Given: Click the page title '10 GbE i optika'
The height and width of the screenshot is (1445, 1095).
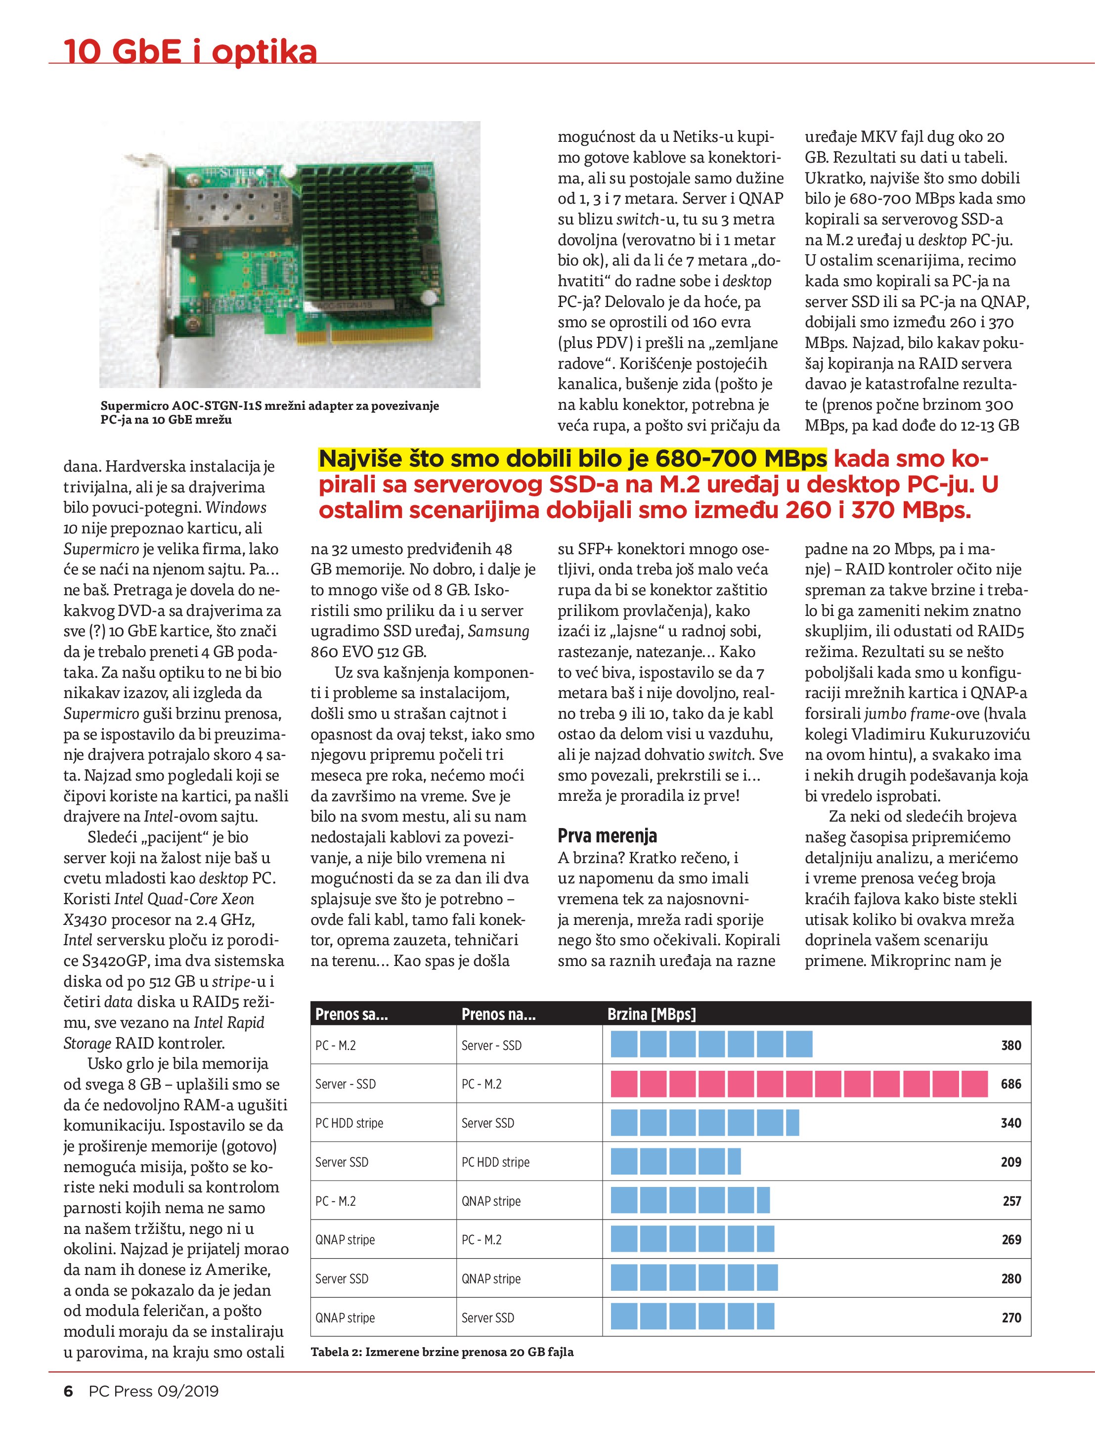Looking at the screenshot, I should (189, 51).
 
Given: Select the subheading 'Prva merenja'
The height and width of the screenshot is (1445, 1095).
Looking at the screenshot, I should (607, 835).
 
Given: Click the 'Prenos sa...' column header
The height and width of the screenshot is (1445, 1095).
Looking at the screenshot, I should (351, 1014).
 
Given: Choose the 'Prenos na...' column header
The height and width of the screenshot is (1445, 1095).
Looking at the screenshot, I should (498, 1014).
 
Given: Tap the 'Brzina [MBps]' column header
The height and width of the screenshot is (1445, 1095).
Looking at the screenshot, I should (652, 1014).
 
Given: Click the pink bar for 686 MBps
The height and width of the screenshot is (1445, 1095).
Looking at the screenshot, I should (798, 1084).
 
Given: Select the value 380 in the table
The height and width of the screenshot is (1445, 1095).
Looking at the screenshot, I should (1011, 1045).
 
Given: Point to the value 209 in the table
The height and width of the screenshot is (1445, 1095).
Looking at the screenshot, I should (1011, 1162).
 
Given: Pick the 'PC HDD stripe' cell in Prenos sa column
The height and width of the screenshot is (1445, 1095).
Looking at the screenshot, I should (349, 1123).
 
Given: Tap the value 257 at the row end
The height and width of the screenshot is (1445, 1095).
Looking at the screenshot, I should (1011, 1201).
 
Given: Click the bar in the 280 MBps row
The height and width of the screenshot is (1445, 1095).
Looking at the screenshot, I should (694, 1278).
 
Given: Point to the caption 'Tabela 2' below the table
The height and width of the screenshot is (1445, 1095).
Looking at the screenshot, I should (441, 1352).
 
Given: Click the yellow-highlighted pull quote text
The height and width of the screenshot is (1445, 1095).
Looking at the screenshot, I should (572, 459).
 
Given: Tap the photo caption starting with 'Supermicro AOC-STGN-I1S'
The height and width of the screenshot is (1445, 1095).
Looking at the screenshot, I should (269, 412).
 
